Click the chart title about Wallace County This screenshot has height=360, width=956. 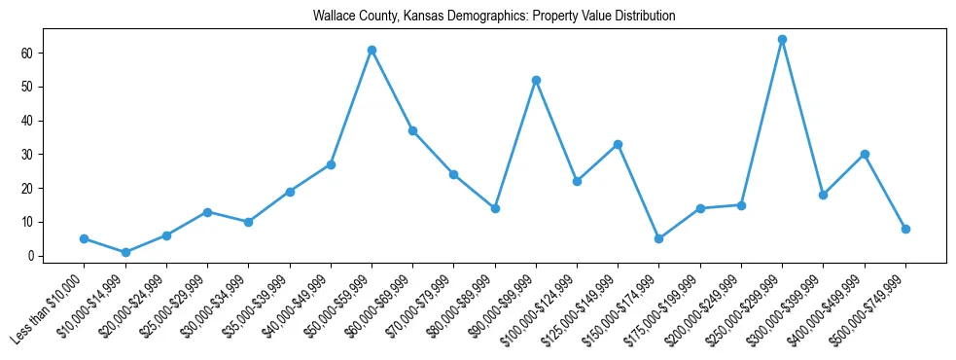pos(494,17)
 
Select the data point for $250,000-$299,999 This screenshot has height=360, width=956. pos(782,40)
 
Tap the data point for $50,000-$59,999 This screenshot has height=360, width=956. pos(372,50)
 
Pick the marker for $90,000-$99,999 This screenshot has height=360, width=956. pos(536,80)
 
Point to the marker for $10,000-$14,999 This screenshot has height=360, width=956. pos(125,253)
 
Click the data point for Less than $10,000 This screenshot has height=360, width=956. pos(85,238)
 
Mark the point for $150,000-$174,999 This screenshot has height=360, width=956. pos(658,238)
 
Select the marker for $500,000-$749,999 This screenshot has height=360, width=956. pos(905,229)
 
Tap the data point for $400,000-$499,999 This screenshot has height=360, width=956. pos(865,154)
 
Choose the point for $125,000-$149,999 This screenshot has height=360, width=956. pos(618,144)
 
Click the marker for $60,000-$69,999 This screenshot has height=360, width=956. pos(412,130)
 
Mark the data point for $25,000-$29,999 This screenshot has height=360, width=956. pos(207,211)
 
